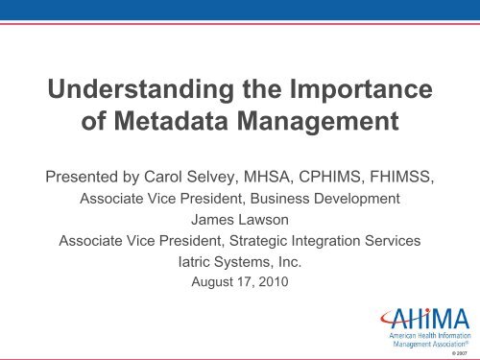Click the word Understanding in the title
(x=141, y=89)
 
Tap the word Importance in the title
(x=361, y=89)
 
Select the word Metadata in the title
(x=171, y=121)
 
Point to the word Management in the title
(x=318, y=122)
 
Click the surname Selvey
(x=212, y=177)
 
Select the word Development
(x=357, y=199)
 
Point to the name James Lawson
(x=240, y=220)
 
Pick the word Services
(x=393, y=241)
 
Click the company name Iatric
(x=194, y=262)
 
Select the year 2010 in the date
(x=274, y=282)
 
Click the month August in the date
(x=212, y=282)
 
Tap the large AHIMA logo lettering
(x=425, y=319)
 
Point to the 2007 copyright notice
(x=460, y=353)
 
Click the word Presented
(x=82, y=177)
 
